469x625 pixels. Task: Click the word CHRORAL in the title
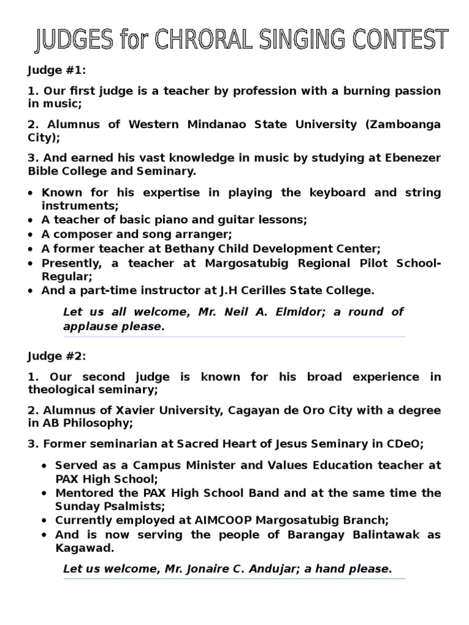pyautogui.click(x=202, y=41)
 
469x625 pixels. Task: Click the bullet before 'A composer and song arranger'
pyautogui.click(x=31, y=234)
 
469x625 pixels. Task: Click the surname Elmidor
pyautogui.click(x=298, y=312)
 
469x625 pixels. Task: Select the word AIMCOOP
pyautogui.click(x=201, y=520)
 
